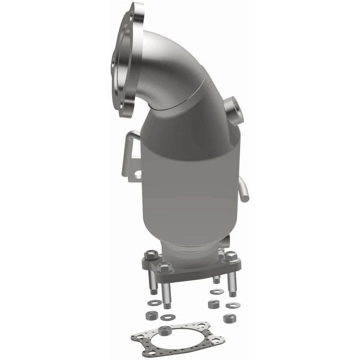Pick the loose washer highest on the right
215,291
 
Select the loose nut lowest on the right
228,318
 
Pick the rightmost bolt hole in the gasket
219,340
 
